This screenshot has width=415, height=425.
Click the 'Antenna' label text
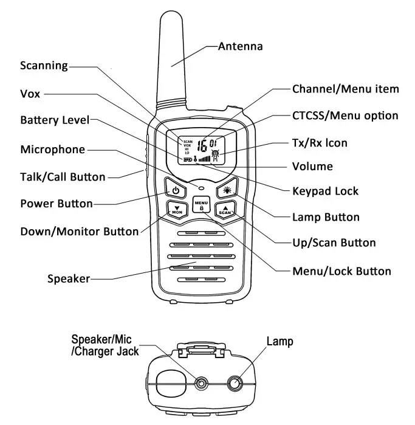240,46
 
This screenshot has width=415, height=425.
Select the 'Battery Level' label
55,120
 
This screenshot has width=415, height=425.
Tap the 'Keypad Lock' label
325,191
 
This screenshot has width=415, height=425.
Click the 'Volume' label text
312,166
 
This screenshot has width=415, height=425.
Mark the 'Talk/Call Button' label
63,177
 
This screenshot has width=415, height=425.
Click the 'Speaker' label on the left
69,279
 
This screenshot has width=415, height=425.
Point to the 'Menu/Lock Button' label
341,271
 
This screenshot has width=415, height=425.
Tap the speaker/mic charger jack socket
201,382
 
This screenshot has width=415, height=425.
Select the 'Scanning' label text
44,65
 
